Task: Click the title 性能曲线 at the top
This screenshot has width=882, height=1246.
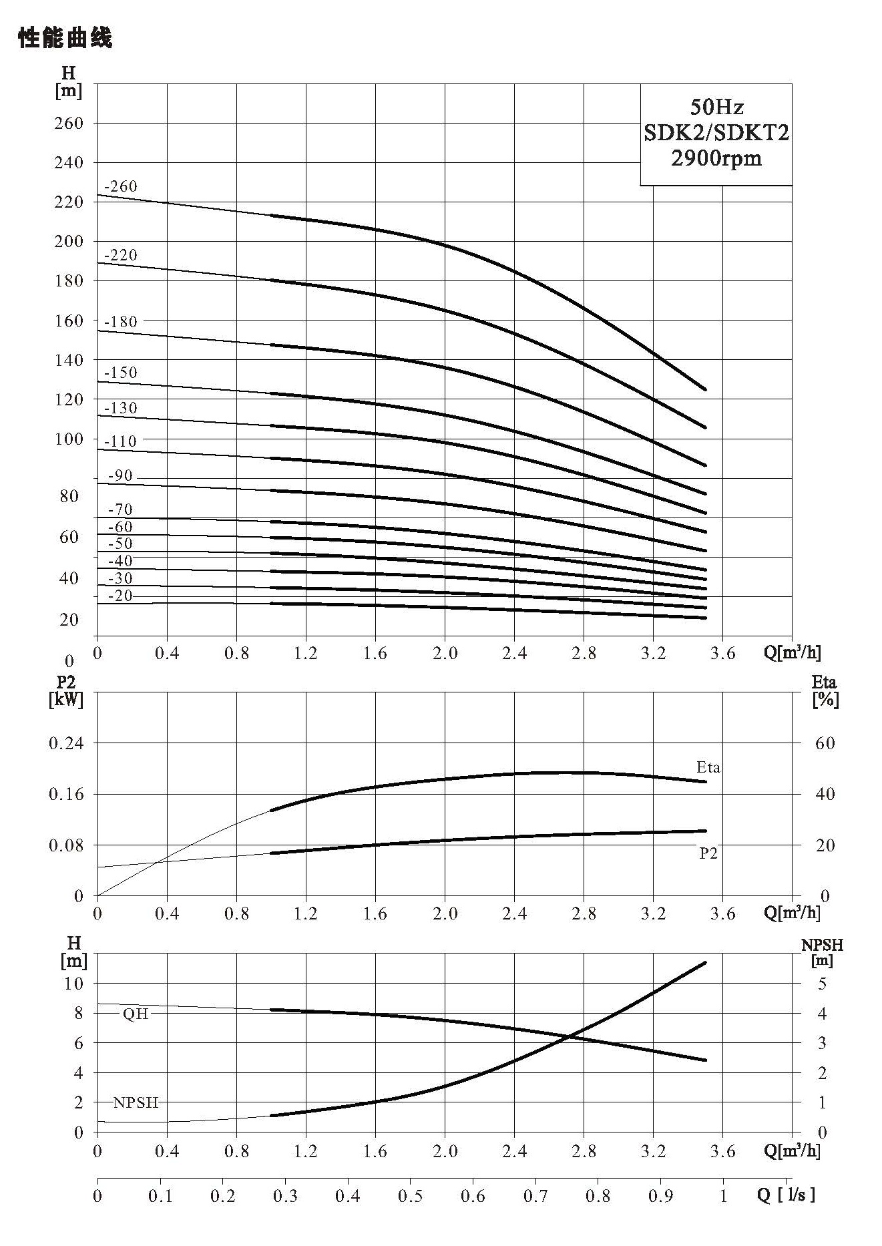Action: [65, 38]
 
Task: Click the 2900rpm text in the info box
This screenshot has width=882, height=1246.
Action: [716, 158]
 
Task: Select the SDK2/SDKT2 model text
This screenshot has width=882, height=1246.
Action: [716, 133]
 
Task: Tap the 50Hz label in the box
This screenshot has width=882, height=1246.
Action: [716, 107]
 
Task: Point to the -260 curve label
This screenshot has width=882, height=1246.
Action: [121, 186]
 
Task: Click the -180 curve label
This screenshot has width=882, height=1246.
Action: [121, 322]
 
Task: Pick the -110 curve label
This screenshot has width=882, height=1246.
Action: [120, 441]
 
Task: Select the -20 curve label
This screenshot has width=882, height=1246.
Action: [120, 596]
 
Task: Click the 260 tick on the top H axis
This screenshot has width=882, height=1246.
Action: [69, 123]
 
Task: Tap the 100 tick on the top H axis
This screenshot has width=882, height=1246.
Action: [69, 439]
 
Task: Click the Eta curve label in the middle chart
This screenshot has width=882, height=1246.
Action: [708, 767]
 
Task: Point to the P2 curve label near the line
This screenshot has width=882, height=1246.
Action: [708, 853]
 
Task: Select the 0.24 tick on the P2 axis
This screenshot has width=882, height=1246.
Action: [66, 743]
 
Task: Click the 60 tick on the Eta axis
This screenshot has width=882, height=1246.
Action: [825, 743]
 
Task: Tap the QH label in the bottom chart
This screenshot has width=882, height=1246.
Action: [136, 1014]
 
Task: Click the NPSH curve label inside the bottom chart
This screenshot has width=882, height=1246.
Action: [136, 1102]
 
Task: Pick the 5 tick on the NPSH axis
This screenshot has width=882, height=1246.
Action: [822, 984]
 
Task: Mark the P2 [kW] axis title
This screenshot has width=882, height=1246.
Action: [66, 691]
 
